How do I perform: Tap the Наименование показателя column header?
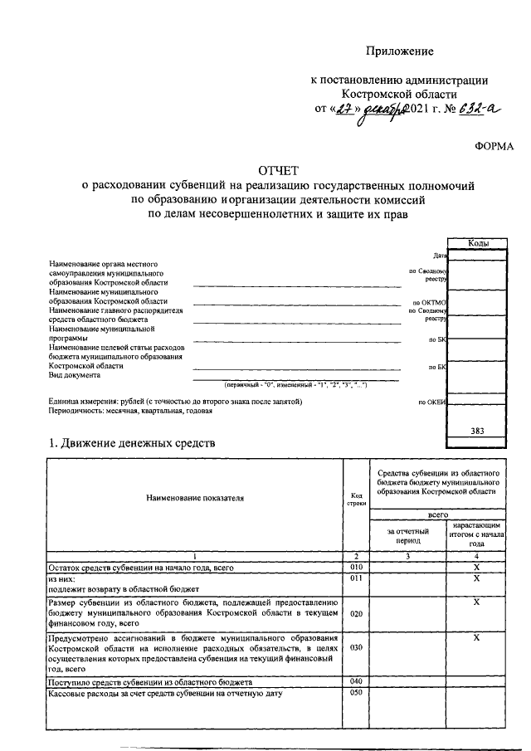(x=195, y=498)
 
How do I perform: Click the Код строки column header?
(x=357, y=499)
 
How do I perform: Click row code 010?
(x=357, y=566)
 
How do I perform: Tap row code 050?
(x=357, y=692)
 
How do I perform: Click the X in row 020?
(x=477, y=601)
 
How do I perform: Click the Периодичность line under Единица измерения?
(x=124, y=411)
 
